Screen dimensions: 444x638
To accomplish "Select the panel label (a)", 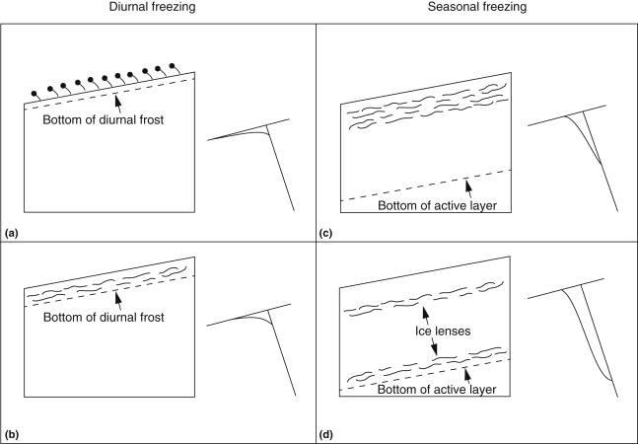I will click(x=12, y=233).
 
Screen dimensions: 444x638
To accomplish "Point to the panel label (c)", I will click(x=325, y=233).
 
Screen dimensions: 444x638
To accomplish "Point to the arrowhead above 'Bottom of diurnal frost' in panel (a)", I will click(x=119, y=97).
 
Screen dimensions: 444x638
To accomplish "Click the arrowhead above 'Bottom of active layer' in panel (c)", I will click(x=466, y=182).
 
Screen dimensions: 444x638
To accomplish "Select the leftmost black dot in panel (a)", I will click(x=35, y=95).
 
